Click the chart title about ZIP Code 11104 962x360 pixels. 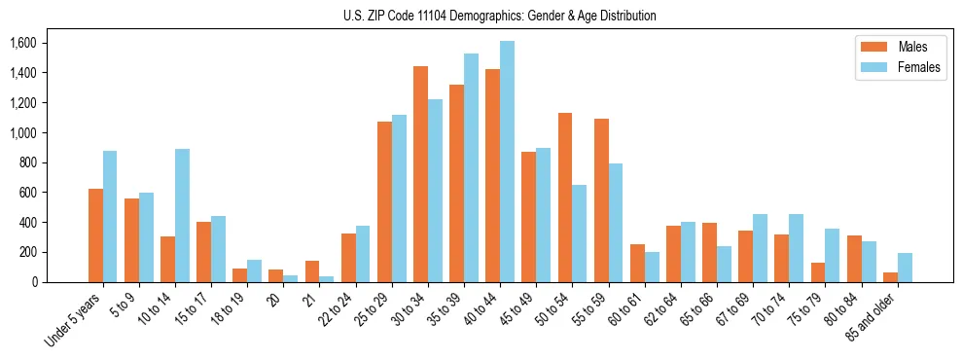point(500,16)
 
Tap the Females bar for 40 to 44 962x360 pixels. point(507,162)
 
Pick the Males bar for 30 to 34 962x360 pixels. point(421,174)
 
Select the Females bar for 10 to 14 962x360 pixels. point(182,215)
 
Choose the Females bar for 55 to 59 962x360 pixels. point(616,223)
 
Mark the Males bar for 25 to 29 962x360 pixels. point(384,201)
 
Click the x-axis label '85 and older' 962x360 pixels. point(871,316)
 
